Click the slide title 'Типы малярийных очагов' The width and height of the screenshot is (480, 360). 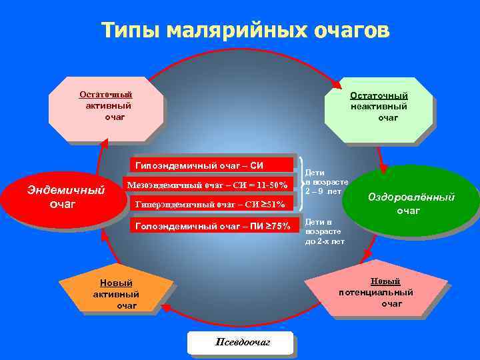point(245,30)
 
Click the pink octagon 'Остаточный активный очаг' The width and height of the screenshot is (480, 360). point(107,107)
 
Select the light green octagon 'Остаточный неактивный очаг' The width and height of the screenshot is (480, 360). point(378,107)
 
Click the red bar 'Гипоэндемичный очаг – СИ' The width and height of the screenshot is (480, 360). point(211,165)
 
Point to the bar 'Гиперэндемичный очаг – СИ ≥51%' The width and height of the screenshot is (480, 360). point(211,204)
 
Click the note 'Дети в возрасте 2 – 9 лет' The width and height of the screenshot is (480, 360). point(326,181)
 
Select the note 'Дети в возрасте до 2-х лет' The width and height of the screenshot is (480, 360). point(325,231)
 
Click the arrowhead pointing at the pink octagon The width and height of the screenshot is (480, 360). point(103,143)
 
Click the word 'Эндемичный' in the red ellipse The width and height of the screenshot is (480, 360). point(65,190)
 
